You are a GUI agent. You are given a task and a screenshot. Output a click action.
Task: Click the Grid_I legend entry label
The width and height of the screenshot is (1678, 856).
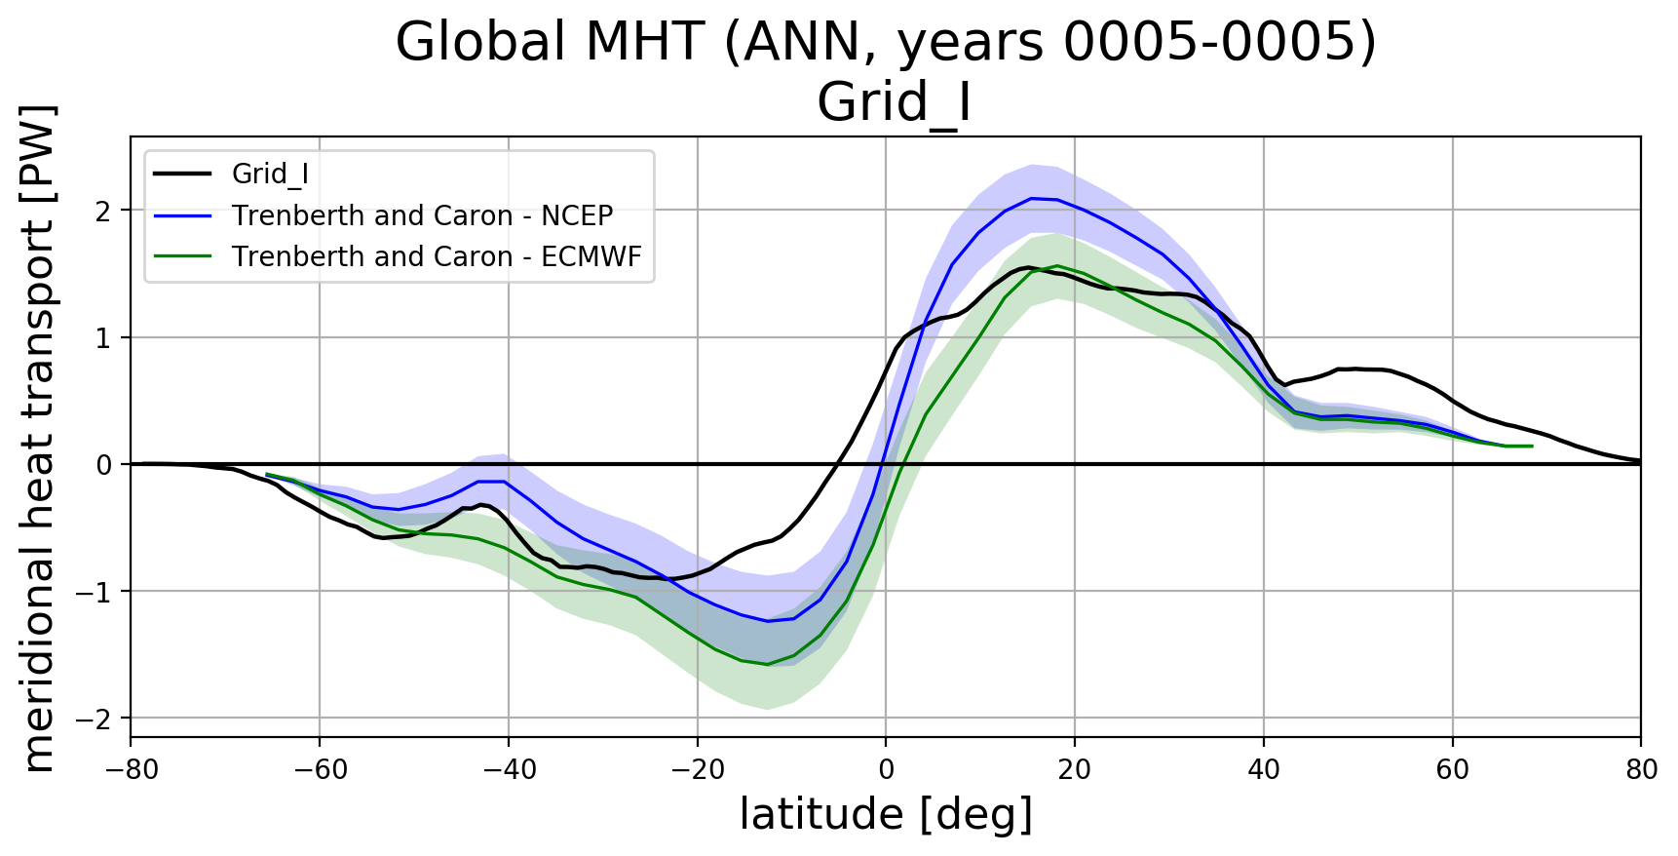pos(270,175)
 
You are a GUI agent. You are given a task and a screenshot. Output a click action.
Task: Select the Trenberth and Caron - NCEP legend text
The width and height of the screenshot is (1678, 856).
pos(422,215)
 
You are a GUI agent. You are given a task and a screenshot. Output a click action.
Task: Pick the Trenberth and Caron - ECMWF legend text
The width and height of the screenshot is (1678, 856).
pos(437,256)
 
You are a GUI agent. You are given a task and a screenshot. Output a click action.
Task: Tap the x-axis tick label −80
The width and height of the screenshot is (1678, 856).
pos(131,770)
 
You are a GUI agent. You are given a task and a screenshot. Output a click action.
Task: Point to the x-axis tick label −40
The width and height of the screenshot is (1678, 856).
pos(508,770)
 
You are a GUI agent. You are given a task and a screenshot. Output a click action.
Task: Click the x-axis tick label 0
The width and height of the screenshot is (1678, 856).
pos(886,770)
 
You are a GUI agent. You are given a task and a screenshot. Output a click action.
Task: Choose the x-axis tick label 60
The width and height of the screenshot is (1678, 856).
pos(1452,770)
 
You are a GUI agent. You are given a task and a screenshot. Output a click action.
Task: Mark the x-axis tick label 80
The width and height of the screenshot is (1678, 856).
pos(1641,770)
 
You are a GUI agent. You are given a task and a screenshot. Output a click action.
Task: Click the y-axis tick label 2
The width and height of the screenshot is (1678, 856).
pos(104,211)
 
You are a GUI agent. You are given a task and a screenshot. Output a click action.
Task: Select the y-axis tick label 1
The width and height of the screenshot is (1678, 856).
pos(104,337)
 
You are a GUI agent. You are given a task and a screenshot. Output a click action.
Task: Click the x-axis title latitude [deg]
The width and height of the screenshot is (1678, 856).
pos(886,815)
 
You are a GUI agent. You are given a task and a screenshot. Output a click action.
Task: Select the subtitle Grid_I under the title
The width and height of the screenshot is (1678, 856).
pos(894,102)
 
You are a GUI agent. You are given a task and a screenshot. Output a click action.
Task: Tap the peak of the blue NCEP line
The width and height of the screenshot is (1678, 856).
pos(1031,198)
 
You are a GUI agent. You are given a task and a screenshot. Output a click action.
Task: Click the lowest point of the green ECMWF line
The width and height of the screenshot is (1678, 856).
pos(768,664)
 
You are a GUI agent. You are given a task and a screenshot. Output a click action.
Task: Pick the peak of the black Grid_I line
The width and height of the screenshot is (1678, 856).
pos(1026,267)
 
